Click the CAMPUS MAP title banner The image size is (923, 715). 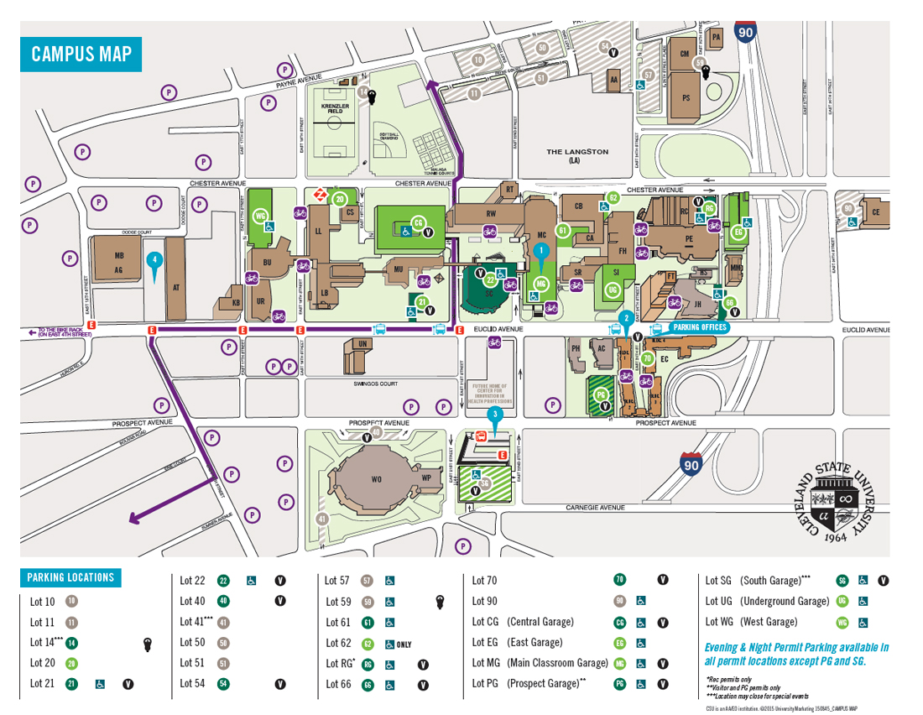click(81, 55)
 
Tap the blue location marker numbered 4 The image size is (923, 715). click(154, 260)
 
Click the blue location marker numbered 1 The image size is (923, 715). click(541, 251)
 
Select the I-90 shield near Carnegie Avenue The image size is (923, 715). click(691, 463)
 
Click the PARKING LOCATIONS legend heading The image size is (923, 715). click(70, 577)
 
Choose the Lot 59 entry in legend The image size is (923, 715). click(339, 602)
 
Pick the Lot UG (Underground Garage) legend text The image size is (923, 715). click(767, 602)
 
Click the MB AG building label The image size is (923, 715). click(118, 264)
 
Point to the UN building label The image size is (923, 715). click(362, 344)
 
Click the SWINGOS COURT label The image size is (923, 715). click(376, 383)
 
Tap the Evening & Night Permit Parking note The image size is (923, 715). click(795, 654)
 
